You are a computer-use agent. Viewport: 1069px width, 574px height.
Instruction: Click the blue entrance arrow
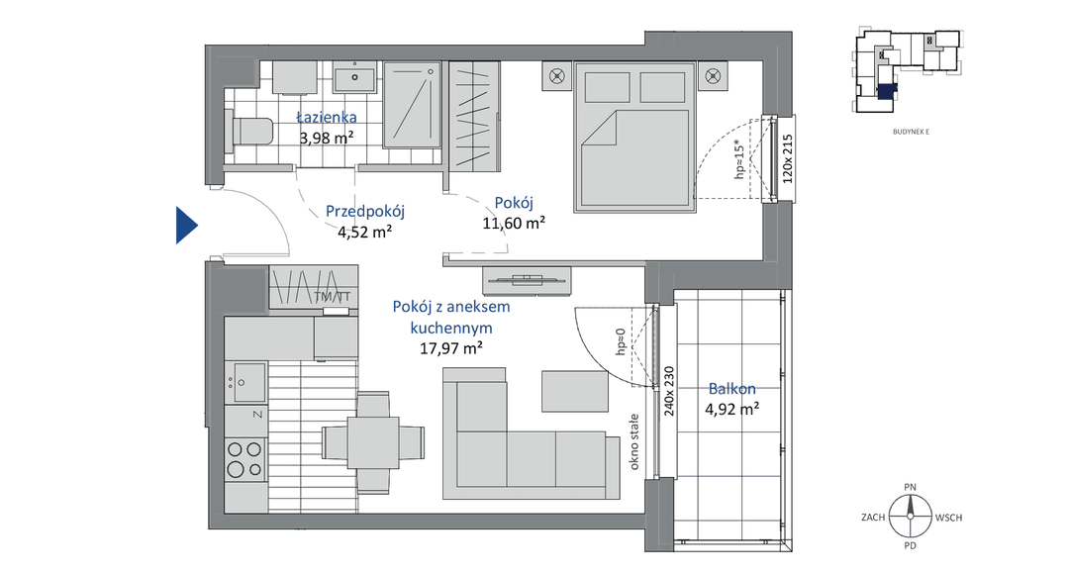coord(186,225)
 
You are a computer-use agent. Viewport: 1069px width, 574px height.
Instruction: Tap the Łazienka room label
coord(327,117)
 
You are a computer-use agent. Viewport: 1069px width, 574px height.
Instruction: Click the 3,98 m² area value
coord(327,138)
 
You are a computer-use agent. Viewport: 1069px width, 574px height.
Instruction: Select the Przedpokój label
coord(364,212)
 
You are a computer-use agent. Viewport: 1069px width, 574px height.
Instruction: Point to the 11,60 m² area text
coord(514,223)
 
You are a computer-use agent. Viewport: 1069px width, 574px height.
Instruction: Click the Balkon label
coord(731,389)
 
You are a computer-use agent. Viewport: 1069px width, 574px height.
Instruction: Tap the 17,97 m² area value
coord(451,348)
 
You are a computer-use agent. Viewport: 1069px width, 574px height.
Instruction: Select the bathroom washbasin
coord(354,77)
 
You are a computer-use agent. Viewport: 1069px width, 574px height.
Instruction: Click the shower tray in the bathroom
coord(413,105)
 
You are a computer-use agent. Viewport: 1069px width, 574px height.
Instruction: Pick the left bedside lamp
coord(557,76)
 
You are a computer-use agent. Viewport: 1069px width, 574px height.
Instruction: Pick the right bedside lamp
coord(713,75)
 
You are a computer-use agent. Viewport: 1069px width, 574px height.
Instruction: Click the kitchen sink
coord(248,382)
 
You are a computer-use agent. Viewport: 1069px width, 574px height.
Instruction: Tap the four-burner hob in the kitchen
coord(245,459)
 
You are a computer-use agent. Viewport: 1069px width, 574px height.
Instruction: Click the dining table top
coord(373,442)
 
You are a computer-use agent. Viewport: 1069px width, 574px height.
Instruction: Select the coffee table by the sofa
coord(575,391)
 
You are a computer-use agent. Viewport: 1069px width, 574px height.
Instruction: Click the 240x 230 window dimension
coord(669,391)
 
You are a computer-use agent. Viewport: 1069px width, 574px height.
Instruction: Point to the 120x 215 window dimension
coord(788,158)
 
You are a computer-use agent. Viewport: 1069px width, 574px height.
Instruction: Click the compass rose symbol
coord(911,516)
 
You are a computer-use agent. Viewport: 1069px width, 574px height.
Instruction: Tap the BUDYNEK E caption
coord(911,133)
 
